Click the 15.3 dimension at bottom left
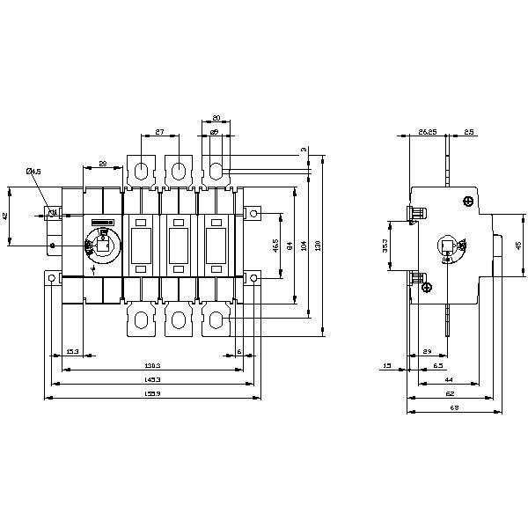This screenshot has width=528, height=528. [x=73, y=352]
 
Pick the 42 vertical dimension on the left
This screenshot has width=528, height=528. [x=8, y=216]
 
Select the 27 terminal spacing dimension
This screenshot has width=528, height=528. [x=159, y=132]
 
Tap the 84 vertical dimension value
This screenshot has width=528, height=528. [x=290, y=246]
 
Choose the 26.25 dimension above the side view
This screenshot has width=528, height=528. [x=427, y=132]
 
